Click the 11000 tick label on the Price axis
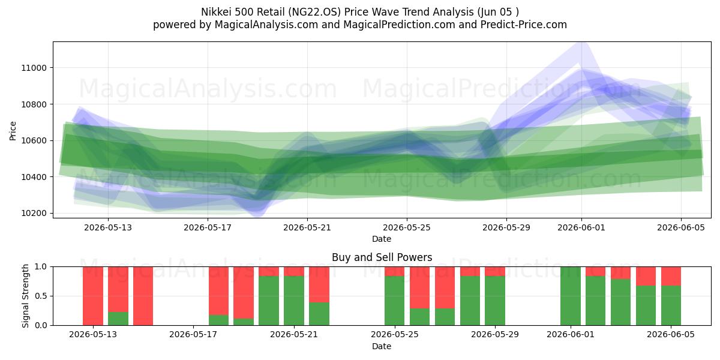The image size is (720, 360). tap(34, 68)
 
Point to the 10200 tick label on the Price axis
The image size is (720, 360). tap(34, 213)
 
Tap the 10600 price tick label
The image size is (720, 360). tap(34, 140)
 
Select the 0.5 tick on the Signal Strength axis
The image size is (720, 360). tap(42, 296)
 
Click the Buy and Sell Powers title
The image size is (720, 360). tap(382, 257)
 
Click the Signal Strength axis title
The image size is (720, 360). tap(25, 296)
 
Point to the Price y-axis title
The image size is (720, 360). tap(13, 131)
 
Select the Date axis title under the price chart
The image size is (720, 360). tap(382, 239)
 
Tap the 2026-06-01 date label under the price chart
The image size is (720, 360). tap(581, 227)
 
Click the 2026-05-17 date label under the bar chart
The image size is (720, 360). tap(193, 334)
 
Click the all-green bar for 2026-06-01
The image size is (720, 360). tap(571, 296)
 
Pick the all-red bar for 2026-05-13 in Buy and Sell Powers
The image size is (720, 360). tap(93, 296)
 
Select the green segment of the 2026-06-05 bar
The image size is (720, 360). tap(671, 305)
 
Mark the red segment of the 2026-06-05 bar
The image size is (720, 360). tap(671, 276)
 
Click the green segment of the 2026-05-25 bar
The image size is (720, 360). tap(395, 301)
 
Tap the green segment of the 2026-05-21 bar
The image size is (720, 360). tap(294, 301)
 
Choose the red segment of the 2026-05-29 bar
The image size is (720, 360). tap(495, 271)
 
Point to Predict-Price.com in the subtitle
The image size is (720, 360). tap(524, 25)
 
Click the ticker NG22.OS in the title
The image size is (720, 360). tap(314, 12)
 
